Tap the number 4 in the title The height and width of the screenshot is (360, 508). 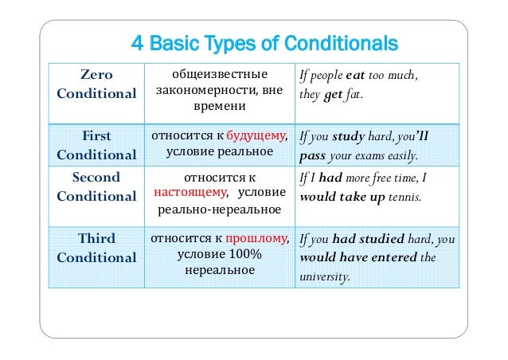135,41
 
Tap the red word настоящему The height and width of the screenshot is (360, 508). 190,192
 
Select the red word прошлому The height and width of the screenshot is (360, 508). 255,237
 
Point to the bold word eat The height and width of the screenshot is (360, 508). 355,76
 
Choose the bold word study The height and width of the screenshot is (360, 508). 348,136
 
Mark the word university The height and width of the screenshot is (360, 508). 324,277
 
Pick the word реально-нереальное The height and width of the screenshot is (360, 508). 218,209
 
